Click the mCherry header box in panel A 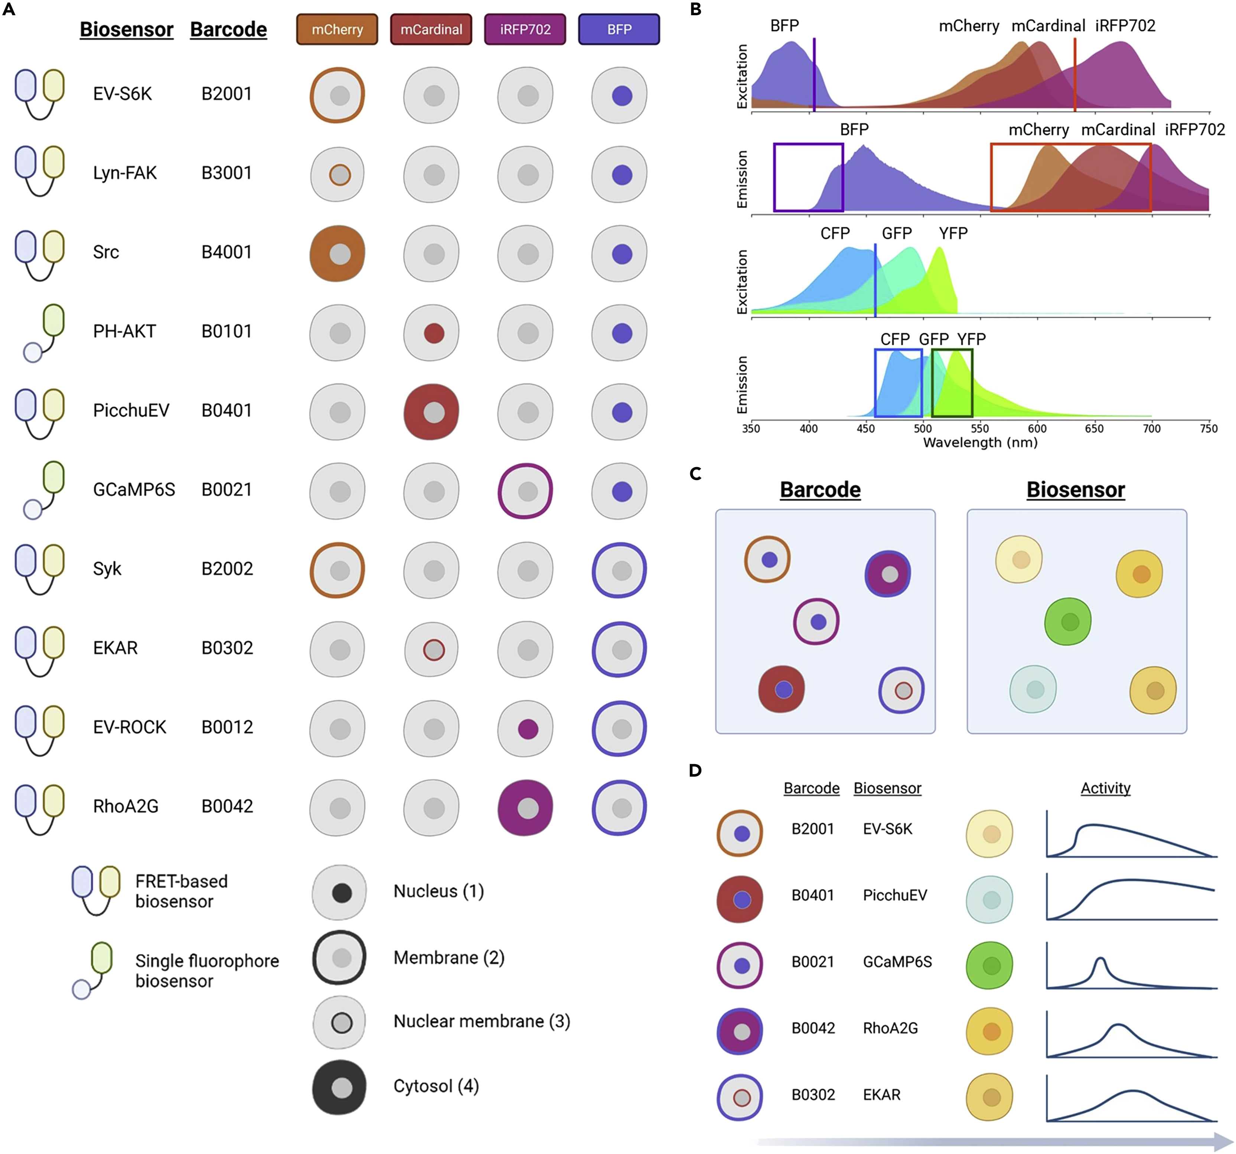pos(337,29)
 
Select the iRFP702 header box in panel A pos(525,29)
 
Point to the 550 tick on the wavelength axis pos(980,428)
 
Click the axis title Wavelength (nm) pos(980,443)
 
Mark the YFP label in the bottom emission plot pos(971,339)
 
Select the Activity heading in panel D pos(1105,788)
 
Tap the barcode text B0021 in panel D pos(813,962)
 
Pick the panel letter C pos(696,474)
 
